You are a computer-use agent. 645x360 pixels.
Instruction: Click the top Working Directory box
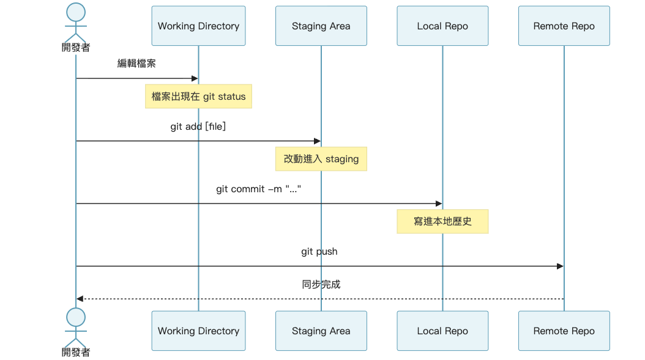point(198,26)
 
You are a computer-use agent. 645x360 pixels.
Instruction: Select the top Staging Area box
point(321,26)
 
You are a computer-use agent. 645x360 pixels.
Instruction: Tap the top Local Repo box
point(442,26)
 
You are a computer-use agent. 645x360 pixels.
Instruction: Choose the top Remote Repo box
point(564,26)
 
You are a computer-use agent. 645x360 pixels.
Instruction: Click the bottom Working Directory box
point(198,331)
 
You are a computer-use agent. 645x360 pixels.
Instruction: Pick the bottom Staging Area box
point(321,331)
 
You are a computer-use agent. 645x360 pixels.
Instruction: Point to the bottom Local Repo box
point(442,331)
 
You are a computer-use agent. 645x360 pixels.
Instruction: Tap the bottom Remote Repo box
point(564,331)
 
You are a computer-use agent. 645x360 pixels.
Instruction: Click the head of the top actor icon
point(76,12)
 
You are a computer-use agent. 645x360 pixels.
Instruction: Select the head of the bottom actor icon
point(76,317)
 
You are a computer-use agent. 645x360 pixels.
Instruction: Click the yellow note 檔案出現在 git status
point(198,96)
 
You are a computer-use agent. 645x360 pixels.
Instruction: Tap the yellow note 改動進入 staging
point(321,159)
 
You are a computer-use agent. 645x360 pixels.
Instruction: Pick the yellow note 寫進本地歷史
point(442,221)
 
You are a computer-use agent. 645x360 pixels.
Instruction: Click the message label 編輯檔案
point(136,63)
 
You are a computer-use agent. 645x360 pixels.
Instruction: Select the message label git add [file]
point(198,126)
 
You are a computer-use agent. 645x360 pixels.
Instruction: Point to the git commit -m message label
point(259,189)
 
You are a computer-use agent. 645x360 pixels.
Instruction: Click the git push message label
point(319,251)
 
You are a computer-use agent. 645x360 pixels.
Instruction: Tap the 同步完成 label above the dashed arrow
point(321,284)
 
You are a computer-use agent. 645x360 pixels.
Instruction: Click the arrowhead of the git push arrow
point(560,266)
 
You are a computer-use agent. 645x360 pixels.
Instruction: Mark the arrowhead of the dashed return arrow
point(80,299)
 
